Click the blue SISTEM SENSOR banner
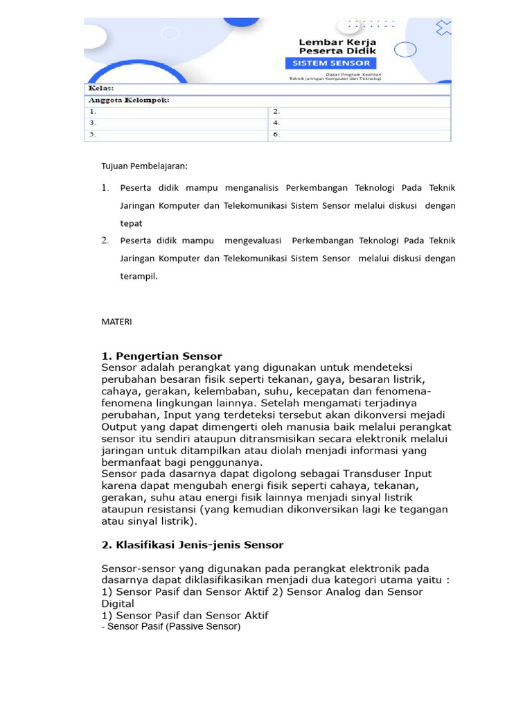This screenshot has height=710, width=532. [x=331, y=63]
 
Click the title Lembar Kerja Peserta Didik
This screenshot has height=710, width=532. [x=337, y=46]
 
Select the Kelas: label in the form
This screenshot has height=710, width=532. [x=100, y=89]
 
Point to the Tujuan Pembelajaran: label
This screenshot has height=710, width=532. [x=144, y=166]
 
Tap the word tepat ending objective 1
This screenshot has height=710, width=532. [x=131, y=223]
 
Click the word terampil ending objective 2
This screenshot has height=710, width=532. [x=139, y=276]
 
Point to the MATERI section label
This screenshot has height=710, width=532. [x=116, y=322]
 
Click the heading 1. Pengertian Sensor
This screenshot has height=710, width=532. [x=161, y=356]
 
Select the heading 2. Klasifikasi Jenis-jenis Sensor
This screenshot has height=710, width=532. [x=193, y=545]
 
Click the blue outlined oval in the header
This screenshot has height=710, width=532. [x=405, y=49]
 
